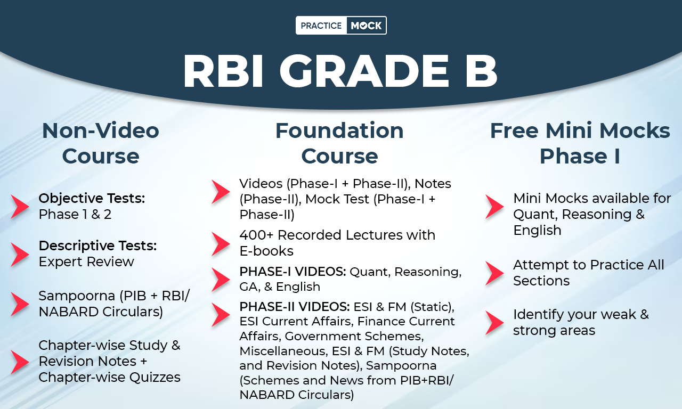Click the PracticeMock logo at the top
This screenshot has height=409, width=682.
point(341,26)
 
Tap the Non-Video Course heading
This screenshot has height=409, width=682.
point(101,143)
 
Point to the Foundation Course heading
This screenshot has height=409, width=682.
point(339,143)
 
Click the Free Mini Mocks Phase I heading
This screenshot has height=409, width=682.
point(580,143)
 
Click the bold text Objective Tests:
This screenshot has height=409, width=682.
point(92,199)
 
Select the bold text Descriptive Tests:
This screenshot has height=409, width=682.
point(98,246)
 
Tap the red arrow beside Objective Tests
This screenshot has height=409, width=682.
point(20,207)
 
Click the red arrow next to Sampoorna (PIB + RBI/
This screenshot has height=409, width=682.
point(20,304)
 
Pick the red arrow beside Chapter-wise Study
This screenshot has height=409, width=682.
point(20,362)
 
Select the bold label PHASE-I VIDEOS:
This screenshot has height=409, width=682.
point(293,272)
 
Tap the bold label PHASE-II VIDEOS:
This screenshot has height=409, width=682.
point(295,307)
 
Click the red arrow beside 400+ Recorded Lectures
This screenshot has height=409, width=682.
point(221,243)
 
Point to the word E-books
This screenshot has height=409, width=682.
point(266,251)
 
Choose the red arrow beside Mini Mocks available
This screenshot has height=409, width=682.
point(494,207)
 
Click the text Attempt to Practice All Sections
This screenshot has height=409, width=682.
point(588,273)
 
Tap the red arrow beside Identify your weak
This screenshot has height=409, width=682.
point(494,323)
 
